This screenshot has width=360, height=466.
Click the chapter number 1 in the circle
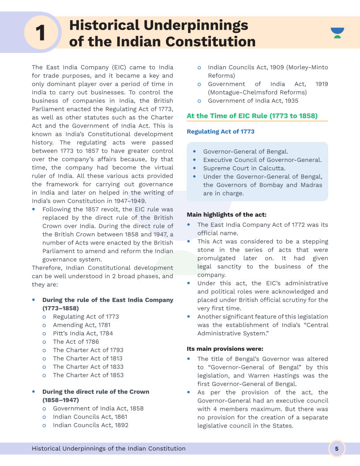coord(40,33)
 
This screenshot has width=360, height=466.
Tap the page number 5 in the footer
coord(337,449)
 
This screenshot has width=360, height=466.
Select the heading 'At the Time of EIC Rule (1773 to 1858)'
coord(252,116)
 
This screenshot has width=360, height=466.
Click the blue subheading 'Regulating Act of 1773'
coord(221,132)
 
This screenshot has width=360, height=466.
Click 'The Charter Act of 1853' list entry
coord(88,375)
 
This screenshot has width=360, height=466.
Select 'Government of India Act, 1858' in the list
coord(98,409)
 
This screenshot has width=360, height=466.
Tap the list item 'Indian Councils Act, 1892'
coord(90,425)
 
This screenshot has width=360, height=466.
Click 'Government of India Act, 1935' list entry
coord(253,101)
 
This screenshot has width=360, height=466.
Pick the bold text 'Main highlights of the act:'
coord(226,215)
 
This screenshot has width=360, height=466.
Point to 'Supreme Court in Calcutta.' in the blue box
coord(244,168)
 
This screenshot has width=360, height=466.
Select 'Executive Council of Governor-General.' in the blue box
coord(262,160)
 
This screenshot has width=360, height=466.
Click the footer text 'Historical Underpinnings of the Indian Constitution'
coord(109,449)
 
